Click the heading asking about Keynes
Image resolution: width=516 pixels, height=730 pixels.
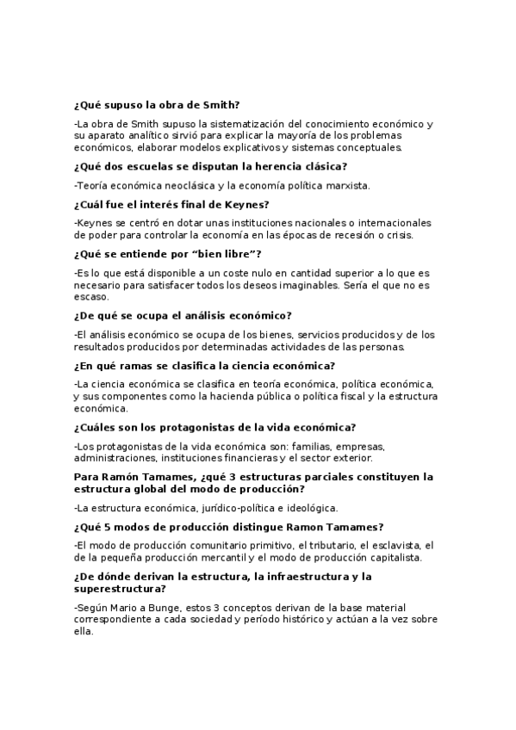[x=172, y=204]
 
